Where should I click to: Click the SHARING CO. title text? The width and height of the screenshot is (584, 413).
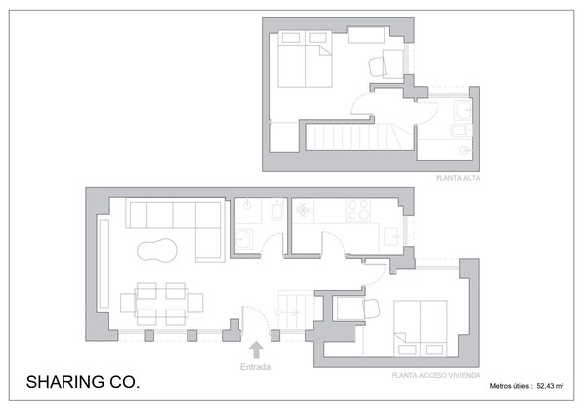(x=83, y=382)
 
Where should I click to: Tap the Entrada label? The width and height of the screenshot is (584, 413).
(x=255, y=367)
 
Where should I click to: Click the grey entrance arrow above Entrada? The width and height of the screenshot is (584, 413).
(x=256, y=351)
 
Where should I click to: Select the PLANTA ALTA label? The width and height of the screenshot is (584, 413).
(x=458, y=178)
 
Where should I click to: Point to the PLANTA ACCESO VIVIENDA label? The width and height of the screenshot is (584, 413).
(x=436, y=375)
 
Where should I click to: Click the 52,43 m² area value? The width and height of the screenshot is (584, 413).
(x=550, y=386)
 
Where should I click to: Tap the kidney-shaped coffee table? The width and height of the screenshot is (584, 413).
(x=156, y=250)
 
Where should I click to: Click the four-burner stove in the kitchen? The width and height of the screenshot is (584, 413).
(x=358, y=211)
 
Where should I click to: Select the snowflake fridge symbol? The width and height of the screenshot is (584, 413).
(x=303, y=211)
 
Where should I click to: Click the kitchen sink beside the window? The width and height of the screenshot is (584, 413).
(x=393, y=236)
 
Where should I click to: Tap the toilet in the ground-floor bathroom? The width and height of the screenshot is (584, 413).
(x=277, y=209)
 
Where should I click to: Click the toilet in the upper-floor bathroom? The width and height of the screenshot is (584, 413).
(x=460, y=130)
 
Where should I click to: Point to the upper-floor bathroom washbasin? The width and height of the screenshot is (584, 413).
(x=463, y=109)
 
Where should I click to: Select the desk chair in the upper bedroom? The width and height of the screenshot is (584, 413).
(x=378, y=67)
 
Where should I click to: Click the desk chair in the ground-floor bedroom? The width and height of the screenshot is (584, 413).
(x=371, y=310)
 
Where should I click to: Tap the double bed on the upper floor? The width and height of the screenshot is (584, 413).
(x=305, y=59)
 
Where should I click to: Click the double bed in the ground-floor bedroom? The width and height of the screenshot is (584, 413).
(x=420, y=328)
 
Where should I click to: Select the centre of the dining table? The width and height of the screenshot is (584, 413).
(x=161, y=303)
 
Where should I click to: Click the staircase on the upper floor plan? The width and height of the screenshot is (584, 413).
(x=359, y=137)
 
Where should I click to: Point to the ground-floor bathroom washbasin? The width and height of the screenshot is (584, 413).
(x=244, y=238)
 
